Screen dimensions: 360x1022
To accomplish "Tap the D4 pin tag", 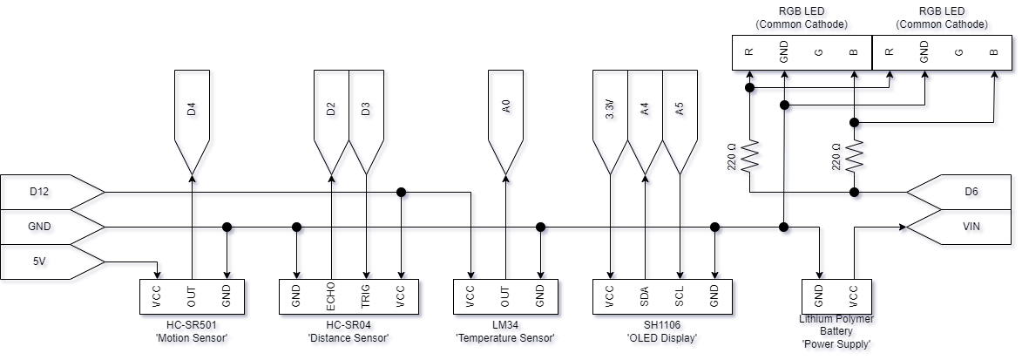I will pos(192,112).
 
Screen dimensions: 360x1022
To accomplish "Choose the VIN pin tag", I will pos(970,227).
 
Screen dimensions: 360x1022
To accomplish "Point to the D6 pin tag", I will pos(970,192).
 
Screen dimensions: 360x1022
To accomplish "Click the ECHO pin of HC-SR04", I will pos(331,296).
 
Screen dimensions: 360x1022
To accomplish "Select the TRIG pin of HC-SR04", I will pos(366,296).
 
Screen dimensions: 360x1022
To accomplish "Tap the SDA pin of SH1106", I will pos(645,296).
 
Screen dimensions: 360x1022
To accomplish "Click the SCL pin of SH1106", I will pos(680,296).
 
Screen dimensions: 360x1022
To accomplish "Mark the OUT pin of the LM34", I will pos(505,296).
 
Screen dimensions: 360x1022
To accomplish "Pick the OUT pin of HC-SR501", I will pos(192,296).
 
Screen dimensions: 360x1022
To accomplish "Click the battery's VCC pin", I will pos(854,296).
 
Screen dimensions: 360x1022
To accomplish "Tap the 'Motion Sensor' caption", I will pos(191,337).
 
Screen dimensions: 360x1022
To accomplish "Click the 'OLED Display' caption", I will pos(661,337).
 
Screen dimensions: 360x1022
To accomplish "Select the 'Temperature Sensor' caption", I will pos(505,337).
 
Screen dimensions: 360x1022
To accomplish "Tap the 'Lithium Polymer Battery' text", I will pos(836,325).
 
